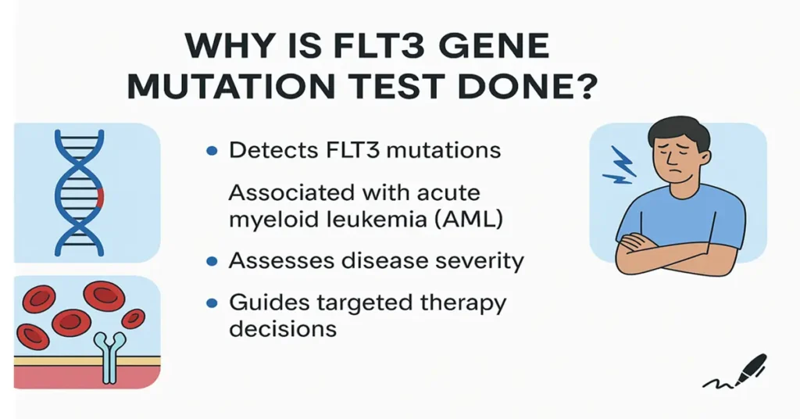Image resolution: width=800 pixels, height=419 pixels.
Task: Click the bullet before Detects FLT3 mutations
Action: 212,152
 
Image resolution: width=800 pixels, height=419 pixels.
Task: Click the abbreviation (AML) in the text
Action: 472,220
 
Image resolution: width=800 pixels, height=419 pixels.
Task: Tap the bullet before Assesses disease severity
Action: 212,261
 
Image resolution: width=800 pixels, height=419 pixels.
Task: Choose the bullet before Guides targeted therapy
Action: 212,303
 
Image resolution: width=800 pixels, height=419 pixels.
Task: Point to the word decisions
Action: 283,329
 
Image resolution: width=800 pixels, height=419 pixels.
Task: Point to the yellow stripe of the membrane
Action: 47,361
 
